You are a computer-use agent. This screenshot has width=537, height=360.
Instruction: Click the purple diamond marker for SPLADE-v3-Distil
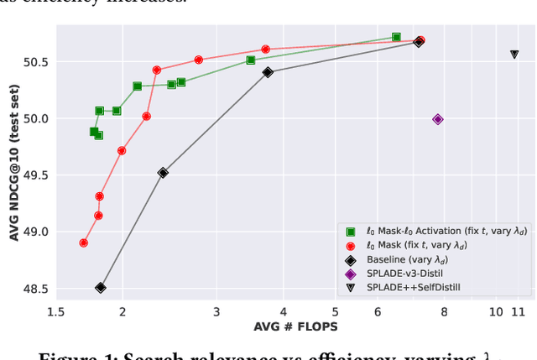click(x=437, y=119)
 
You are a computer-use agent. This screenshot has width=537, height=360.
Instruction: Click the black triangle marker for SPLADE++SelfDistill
click(x=514, y=55)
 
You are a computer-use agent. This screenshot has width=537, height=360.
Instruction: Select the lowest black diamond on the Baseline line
click(x=101, y=288)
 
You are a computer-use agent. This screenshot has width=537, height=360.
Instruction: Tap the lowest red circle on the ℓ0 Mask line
click(x=84, y=243)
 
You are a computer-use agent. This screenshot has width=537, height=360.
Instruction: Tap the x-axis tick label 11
click(x=518, y=312)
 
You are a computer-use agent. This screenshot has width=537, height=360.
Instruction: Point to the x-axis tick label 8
click(x=444, y=312)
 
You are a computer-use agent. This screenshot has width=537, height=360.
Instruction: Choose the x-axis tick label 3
click(x=216, y=312)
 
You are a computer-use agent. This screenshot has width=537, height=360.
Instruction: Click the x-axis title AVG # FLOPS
click(x=295, y=326)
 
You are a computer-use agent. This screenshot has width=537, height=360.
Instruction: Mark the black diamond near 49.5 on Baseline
click(x=163, y=173)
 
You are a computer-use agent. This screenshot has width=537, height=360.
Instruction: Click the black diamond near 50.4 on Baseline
click(x=268, y=72)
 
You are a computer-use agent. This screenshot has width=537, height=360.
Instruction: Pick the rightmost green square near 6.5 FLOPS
click(x=396, y=37)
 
